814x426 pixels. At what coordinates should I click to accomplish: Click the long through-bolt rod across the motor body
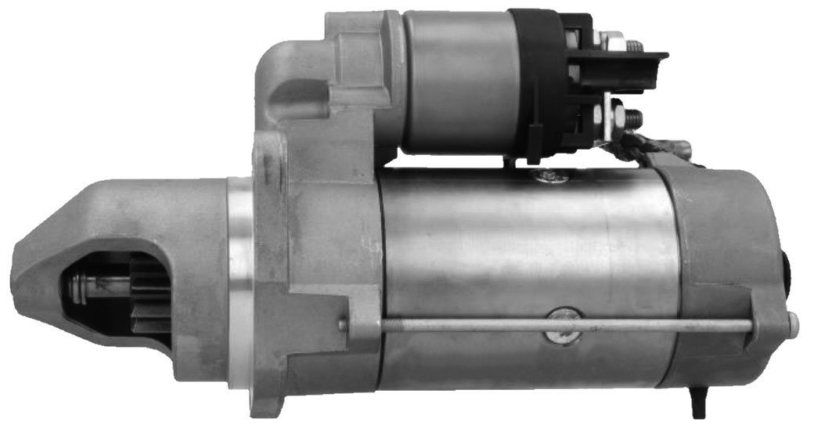(548, 323)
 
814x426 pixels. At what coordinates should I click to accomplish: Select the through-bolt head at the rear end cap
(793, 320)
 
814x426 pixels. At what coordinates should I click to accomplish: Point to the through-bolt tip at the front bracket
(343, 323)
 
